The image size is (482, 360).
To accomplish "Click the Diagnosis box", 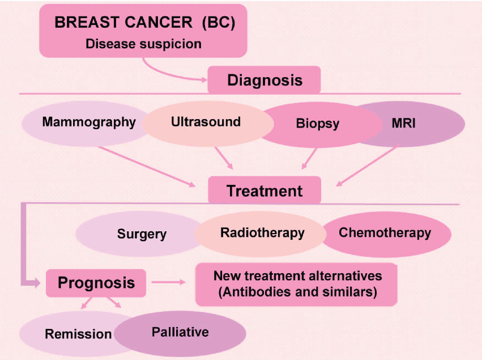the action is point(264,80).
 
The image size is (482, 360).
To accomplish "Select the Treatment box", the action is point(265,190).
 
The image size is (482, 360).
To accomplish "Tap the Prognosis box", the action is point(96,283).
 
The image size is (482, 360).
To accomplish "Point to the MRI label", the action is point(404,124).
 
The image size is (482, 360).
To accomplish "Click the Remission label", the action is point(78,334).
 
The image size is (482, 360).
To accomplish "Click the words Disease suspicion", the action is point(143,44).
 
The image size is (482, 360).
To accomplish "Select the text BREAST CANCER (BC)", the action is point(145,22).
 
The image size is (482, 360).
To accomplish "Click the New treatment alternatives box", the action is point(296,284).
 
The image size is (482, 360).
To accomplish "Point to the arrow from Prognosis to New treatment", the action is point(169,282).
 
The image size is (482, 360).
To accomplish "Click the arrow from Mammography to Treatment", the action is point(147,167).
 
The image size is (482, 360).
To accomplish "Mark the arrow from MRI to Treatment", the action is point(366,166).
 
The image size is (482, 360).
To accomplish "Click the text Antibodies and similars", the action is point(297,292).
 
